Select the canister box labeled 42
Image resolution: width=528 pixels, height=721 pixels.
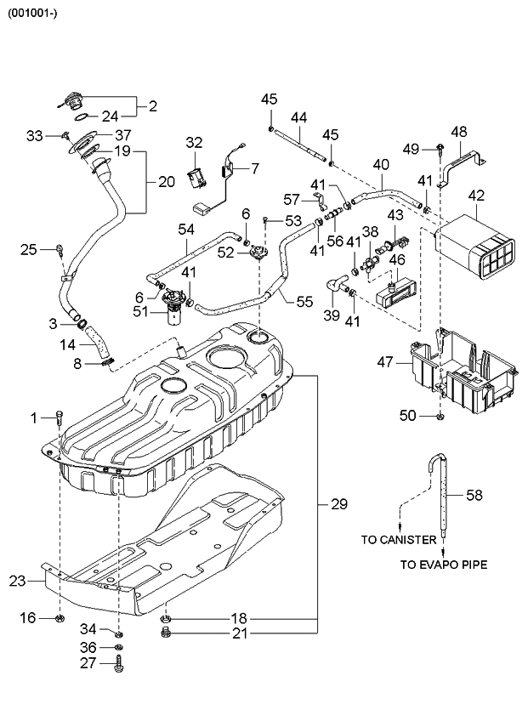click(x=477, y=247)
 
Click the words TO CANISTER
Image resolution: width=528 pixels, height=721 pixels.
click(x=399, y=540)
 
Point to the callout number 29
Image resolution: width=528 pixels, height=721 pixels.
click(x=338, y=505)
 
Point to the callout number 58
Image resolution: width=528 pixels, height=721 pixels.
click(x=474, y=494)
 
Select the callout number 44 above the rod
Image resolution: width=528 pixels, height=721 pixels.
click(x=298, y=116)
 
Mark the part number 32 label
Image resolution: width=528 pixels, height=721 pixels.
click(x=195, y=142)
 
